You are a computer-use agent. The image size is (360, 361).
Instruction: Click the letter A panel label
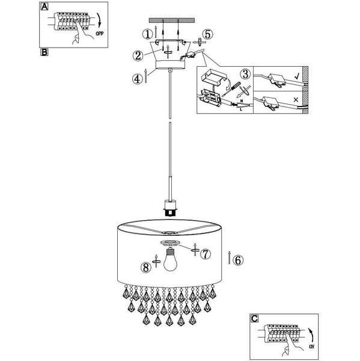point(44,7)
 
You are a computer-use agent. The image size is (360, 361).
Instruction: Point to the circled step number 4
point(137,78)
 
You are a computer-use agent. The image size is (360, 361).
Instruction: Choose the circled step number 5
point(207,34)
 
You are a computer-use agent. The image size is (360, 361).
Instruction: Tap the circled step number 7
point(205,254)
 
